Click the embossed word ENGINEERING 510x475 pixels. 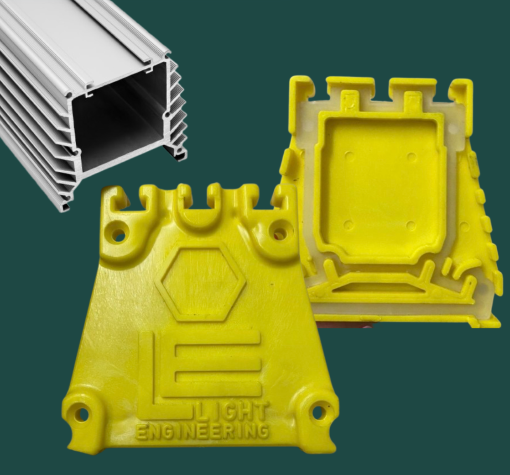pos(203,432)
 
